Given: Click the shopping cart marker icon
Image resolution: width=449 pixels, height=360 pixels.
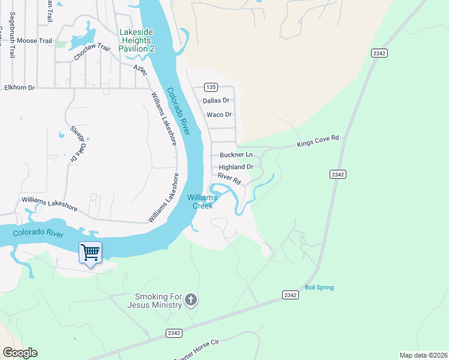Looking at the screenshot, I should point(90,253).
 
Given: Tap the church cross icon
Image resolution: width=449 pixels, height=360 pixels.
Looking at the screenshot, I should point(191,300).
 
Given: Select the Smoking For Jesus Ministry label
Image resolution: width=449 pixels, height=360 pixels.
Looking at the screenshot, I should point(158,301).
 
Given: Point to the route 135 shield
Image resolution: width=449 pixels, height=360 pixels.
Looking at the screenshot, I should point(210,86).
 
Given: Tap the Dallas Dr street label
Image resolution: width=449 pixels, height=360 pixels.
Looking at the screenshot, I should point(216,101).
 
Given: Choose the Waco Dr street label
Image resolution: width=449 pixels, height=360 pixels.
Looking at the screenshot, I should point(219,115).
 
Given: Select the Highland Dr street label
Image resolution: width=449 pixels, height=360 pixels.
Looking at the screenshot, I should point(236,167).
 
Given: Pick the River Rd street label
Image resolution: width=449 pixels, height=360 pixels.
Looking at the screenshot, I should point(229,178).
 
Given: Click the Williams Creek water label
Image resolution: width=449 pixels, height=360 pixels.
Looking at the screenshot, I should point(202,202).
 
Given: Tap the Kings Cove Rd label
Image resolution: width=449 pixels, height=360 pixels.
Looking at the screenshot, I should point(319,142).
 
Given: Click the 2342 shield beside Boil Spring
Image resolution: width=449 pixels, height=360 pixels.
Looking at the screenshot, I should point(291,295).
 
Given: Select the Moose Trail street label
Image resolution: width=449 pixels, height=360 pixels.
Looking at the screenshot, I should point(35,41).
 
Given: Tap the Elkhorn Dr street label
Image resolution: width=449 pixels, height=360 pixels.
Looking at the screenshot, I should point(20,88).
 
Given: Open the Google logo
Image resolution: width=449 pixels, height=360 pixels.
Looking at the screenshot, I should point(20,352).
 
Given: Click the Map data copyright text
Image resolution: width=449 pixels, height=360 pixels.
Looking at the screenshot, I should point(423,355).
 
